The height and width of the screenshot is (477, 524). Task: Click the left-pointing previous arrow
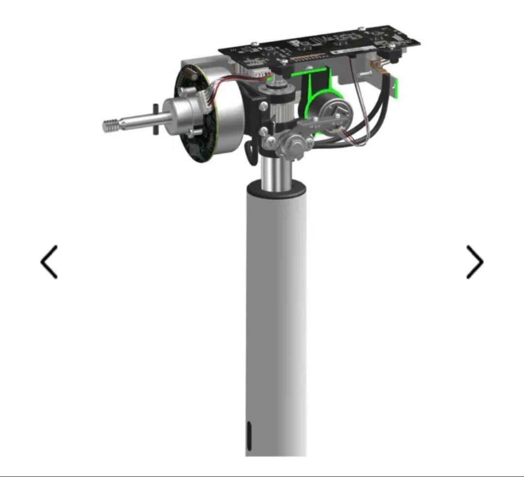(49, 262)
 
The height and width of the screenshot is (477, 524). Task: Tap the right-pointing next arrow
(475, 262)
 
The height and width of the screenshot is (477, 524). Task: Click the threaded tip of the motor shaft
(113, 125)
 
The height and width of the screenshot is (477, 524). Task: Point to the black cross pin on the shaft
(155, 119)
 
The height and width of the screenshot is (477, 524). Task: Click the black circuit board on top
(320, 46)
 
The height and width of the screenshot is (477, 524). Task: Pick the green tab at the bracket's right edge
(396, 87)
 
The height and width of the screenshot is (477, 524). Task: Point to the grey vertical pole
(277, 316)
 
